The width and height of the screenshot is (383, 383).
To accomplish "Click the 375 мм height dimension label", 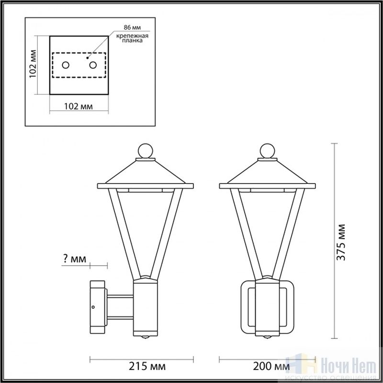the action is [x=341, y=242].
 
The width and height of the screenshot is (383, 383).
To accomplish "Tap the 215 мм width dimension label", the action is [x=147, y=366].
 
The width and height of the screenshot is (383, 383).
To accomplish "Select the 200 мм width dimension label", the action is [x=271, y=366].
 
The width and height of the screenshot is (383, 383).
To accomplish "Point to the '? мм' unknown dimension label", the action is [x=75, y=259].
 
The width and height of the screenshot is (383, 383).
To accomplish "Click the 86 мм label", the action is [x=132, y=27].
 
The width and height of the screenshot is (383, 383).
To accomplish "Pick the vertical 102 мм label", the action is [x=33, y=64].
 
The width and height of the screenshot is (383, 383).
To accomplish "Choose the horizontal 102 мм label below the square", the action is [x=79, y=106].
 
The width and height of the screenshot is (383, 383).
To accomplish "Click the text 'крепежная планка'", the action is [x=132, y=38].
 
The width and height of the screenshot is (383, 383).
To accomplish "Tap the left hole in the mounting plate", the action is [x=66, y=65].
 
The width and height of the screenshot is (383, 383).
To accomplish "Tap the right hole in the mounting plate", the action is [x=93, y=65].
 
